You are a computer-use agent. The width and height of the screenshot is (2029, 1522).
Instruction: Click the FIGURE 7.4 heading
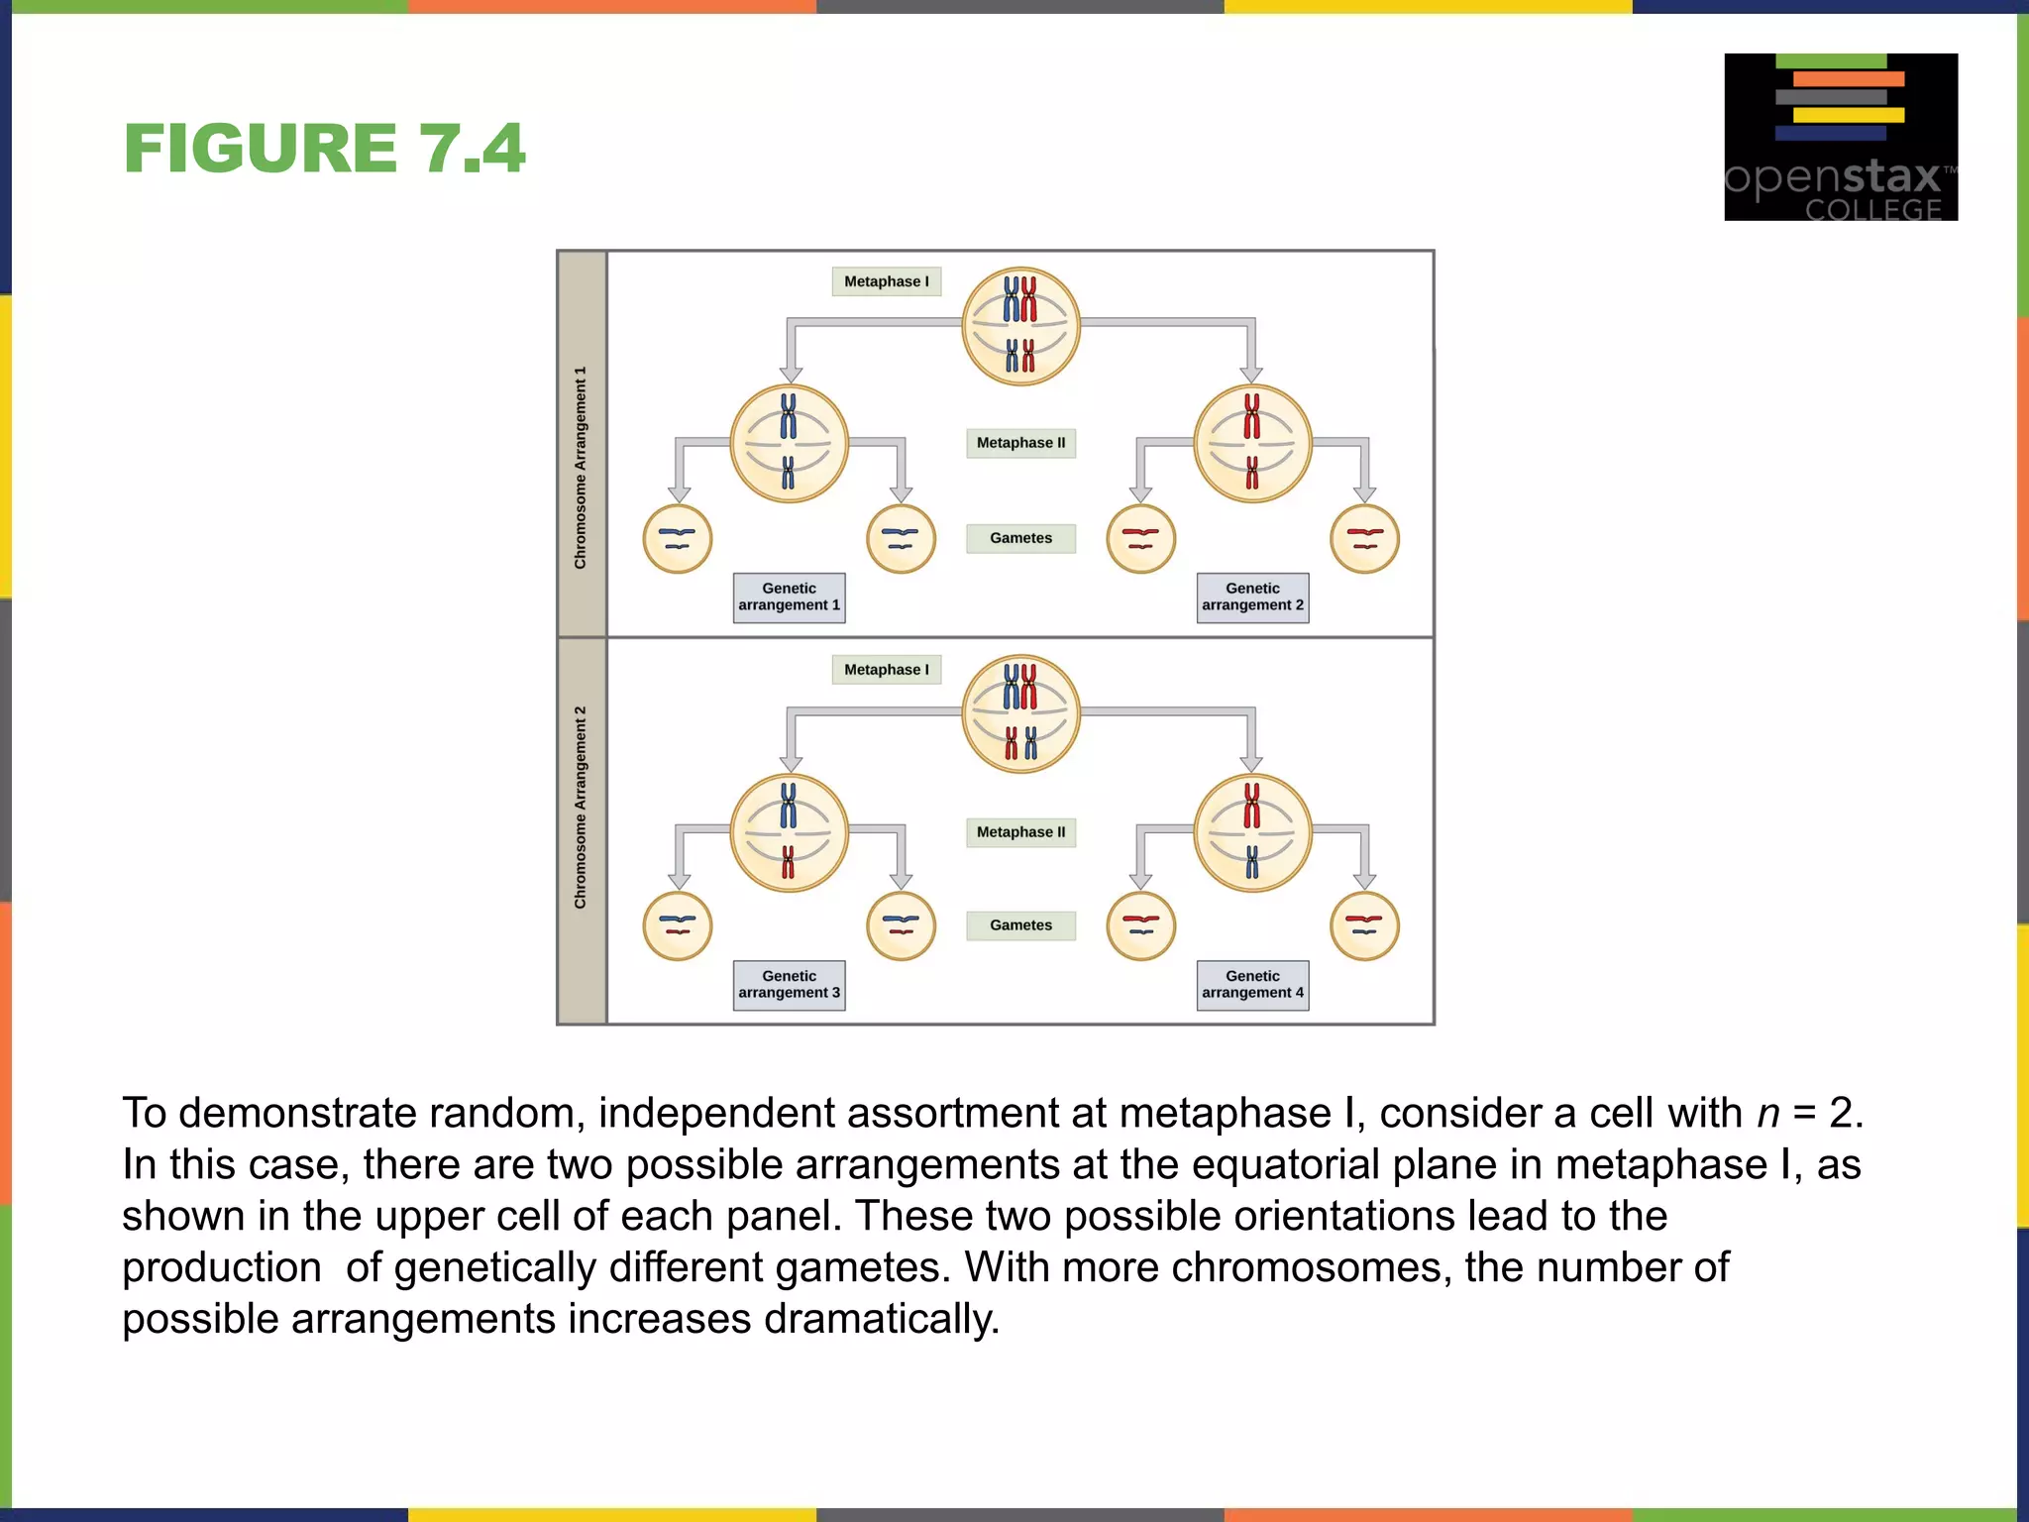[324, 149]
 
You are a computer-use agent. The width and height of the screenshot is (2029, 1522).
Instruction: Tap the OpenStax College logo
[1840, 137]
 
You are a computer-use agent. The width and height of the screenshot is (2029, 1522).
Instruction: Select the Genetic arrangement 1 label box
[789, 598]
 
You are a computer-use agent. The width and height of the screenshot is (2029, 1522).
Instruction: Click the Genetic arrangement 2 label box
[1252, 598]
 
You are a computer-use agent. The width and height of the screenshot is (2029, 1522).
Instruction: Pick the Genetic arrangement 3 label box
[789, 985]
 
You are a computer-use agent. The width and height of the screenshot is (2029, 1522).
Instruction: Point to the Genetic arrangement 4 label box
[1252, 985]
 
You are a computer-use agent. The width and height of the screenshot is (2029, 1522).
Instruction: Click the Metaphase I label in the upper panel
[886, 281]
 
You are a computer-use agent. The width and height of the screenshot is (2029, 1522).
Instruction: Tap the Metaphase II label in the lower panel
[1020, 832]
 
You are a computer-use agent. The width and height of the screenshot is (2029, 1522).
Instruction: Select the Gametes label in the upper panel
[1020, 538]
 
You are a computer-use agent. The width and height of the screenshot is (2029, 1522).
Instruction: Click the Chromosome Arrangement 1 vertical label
[581, 468]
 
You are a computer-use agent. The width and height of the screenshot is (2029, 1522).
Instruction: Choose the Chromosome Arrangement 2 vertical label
[581, 808]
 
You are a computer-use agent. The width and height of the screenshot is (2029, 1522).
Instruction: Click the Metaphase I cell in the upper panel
[1020, 326]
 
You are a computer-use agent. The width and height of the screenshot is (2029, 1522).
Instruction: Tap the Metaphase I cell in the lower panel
[1020, 713]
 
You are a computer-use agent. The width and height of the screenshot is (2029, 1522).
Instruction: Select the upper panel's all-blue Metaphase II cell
[789, 444]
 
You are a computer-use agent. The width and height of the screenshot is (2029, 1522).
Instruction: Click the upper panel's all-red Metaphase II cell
[1252, 444]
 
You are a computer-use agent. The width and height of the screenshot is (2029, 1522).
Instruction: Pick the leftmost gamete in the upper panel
[678, 539]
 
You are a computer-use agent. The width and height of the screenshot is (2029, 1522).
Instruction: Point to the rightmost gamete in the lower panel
[1364, 926]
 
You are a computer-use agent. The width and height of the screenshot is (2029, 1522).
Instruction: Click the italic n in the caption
[1768, 1113]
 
